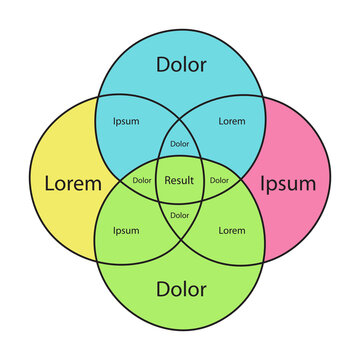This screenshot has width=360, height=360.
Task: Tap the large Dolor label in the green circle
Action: [x=180, y=290]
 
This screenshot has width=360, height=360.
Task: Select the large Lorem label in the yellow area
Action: [x=72, y=184]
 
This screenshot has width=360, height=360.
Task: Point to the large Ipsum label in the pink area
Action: [x=288, y=184]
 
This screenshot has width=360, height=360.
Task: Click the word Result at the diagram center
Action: [x=180, y=181]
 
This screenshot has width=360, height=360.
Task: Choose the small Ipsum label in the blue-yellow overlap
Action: [x=126, y=121]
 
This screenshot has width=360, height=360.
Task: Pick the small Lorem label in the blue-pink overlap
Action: [x=231, y=121]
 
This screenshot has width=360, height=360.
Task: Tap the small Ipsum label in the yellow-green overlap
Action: [x=126, y=231]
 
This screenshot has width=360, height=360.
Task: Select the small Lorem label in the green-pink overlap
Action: [x=231, y=231]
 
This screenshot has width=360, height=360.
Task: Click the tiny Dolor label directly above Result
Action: [x=180, y=144]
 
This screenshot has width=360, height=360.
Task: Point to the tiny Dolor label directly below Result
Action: [x=180, y=215]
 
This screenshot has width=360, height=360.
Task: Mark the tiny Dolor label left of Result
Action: [x=142, y=181]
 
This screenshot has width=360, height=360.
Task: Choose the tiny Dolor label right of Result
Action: [x=219, y=181]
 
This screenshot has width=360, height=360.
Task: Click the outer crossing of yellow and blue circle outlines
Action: [x=97, y=97]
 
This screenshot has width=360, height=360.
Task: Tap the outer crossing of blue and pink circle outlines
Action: [x=263, y=97]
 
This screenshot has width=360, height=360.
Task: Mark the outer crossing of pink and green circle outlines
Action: [x=263, y=264]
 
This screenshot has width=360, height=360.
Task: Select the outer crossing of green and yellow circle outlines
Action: [x=97, y=264]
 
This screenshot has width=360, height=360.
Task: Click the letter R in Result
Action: [x=167, y=181]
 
